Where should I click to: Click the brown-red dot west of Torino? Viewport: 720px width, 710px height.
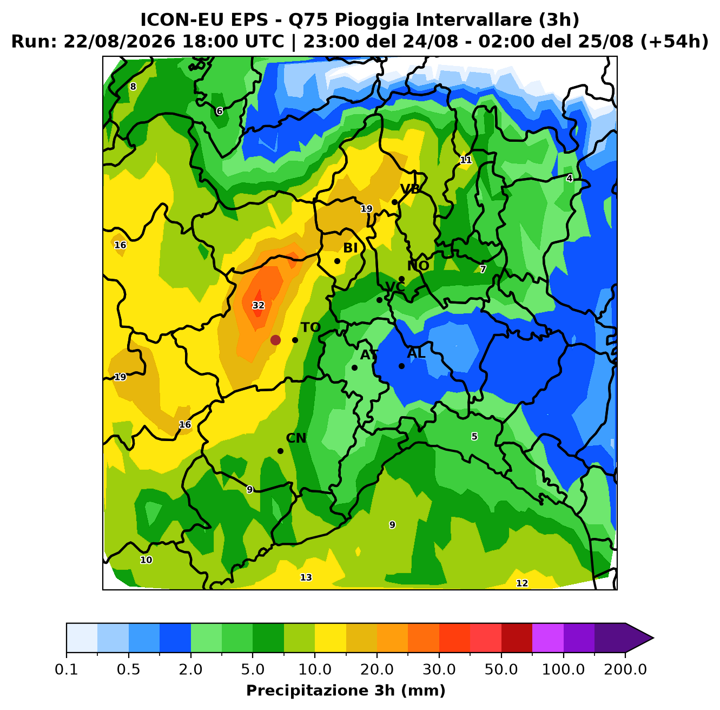click(x=275, y=340)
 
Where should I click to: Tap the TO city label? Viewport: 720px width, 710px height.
click(x=311, y=327)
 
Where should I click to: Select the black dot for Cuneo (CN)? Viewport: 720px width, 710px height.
click(x=280, y=451)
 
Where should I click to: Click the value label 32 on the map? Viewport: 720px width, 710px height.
click(x=258, y=305)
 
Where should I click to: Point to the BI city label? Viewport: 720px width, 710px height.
click(x=350, y=248)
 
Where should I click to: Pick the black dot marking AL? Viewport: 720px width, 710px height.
click(x=401, y=366)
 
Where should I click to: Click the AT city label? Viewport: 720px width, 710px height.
click(x=369, y=355)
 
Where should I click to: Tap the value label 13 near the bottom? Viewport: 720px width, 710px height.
click(x=306, y=577)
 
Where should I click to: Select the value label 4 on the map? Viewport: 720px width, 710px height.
click(x=569, y=179)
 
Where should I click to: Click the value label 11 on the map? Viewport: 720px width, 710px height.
click(x=466, y=160)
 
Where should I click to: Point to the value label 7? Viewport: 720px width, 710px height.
click(x=483, y=269)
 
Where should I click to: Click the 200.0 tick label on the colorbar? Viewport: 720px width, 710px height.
click(x=625, y=669)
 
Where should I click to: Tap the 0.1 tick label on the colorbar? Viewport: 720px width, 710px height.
click(x=67, y=669)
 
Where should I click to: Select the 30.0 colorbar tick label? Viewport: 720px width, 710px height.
click(x=439, y=669)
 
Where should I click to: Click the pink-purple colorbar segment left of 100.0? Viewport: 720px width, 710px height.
click(x=547, y=638)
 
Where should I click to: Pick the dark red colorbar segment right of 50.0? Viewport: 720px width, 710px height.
click(x=517, y=638)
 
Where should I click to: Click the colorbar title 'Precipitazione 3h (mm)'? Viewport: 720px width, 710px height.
click(x=346, y=690)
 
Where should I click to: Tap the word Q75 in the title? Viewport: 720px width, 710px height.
click(x=309, y=20)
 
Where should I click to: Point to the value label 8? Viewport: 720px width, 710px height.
click(x=133, y=87)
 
